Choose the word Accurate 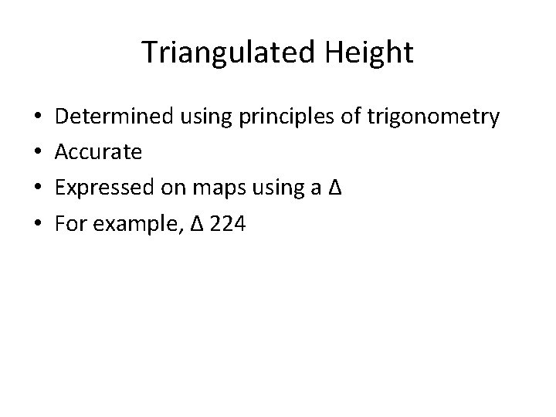click(x=100, y=152)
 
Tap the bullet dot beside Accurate click(x=39, y=152)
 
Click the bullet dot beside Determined click(x=39, y=118)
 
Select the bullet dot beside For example click(x=39, y=221)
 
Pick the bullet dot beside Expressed click(x=39, y=187)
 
